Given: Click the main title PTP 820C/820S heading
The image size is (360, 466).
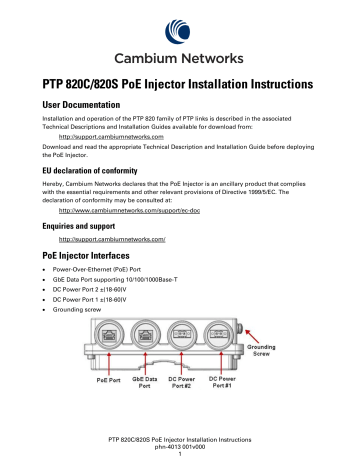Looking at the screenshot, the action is click(x=179, y=85).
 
